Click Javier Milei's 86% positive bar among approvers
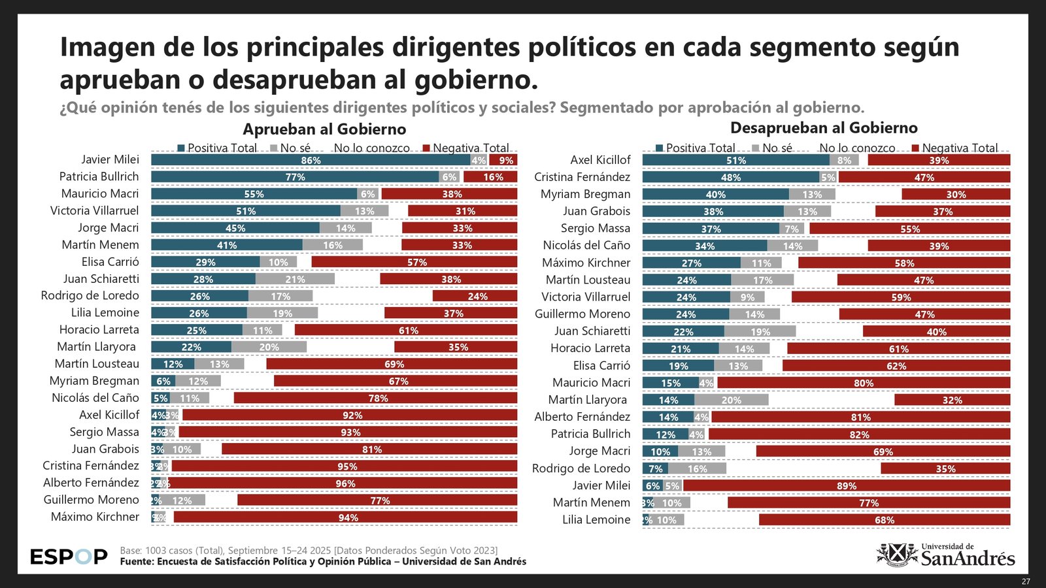(x=311, y=160)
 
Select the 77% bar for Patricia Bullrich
(x=295, y=177)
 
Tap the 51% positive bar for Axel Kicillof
(x=735, y=160)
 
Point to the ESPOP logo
(x=69, y=557)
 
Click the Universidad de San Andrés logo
(x=945, y=555)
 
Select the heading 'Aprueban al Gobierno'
(x=324, y=129)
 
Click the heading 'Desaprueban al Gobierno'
(x=824, y=128)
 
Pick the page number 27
(x=1026, y=581)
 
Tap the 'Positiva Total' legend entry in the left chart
(x=217, y=148)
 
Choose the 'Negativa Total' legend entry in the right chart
(x=955, y=148)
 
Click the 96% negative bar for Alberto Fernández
(x=345, y=483)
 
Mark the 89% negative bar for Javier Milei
(x=847, y=486)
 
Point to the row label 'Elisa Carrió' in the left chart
(x=110, y=262)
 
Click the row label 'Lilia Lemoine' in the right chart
(x=596, y=520)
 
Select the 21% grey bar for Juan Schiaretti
(x=295, y=279)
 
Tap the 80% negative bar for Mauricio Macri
(x=864, y=383)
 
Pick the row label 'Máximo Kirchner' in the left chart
(x=95, y=517)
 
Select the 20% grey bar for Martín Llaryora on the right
(x=731, y=400)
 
